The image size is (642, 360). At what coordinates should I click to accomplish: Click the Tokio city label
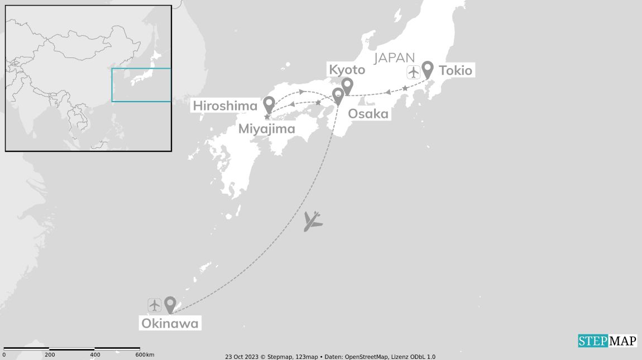coord(456,71)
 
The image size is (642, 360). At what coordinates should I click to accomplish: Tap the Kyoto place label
coord(347,70)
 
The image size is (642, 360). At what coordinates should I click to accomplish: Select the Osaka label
coord(368,114)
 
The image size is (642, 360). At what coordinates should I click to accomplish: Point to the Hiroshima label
coord(225,105)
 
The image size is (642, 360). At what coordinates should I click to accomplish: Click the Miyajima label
coord(266,129)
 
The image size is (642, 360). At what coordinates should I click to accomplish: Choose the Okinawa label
coord(170,323)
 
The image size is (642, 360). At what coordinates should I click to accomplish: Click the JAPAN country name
coord(395,57)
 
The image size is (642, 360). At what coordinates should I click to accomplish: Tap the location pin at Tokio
coord(428,69)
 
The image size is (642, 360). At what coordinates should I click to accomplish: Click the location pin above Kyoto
coord(347,85)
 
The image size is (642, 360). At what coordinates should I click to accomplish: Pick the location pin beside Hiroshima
coord(269,104)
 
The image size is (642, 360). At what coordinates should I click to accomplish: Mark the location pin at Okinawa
coord(170,304)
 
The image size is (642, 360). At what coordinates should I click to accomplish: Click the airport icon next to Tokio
coord(413,72)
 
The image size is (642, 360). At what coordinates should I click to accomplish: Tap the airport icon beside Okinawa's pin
coord(155,305)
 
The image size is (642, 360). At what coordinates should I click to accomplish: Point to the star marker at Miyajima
coord(267,117)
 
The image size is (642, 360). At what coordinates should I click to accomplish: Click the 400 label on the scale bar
coord(95,355)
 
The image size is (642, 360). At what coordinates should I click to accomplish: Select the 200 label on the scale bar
coord(50,355)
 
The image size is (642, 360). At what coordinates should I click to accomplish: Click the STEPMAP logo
coord(607,340)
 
